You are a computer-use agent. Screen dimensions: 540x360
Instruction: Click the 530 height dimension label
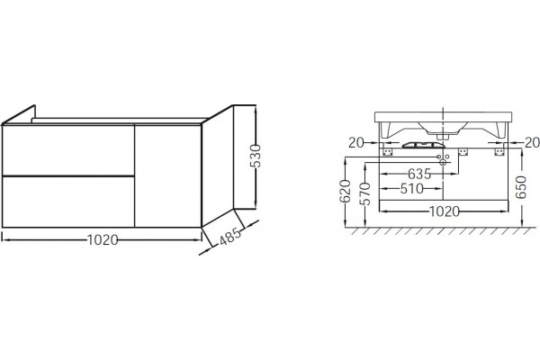coord(256,156)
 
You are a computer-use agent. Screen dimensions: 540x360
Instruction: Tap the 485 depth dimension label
coord(230,237)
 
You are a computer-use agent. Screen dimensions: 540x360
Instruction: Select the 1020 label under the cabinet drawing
coord(103,239)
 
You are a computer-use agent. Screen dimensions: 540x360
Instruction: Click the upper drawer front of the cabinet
coord(68,150)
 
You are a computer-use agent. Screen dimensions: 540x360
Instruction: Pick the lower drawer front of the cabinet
coord(68,202)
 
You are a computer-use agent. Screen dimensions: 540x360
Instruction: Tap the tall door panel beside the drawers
coord(167,176)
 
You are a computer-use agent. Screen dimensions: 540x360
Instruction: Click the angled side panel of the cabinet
coord(218,166)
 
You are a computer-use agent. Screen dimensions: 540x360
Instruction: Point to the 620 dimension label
coord(345,191)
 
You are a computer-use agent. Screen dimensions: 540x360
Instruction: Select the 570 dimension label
coord(365,194)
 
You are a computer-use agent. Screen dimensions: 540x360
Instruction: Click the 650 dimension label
coord(521,187)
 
